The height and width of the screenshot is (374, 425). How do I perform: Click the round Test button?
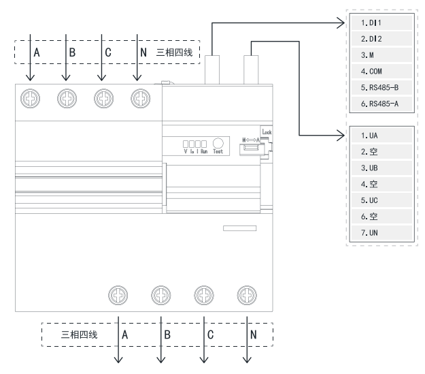[218, 143]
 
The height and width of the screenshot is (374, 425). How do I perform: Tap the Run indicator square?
[202, 144]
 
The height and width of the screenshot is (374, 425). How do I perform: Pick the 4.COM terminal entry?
[379, 70]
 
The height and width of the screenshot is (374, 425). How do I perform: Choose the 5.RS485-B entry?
[379, 87]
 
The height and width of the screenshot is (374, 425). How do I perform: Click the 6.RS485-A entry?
[379, 103]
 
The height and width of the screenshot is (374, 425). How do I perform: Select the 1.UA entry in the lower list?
[379, 135]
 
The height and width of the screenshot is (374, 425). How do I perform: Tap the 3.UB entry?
[379, 168]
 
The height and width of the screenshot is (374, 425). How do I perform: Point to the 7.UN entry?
[379, 233]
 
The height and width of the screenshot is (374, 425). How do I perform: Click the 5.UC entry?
[379, 200]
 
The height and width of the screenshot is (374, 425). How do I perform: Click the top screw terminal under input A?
[30, 99]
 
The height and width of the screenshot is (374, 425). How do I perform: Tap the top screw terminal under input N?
[139, 99]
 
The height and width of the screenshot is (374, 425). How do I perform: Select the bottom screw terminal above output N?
[245, 294]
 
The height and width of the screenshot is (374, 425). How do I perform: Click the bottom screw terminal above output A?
[119, 294]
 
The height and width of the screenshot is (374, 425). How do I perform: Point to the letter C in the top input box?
[108, 52]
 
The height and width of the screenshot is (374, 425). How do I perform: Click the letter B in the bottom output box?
[167, 334]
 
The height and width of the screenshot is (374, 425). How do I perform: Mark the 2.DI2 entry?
[379, 38]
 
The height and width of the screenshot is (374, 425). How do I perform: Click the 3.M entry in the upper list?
[379, 54]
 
